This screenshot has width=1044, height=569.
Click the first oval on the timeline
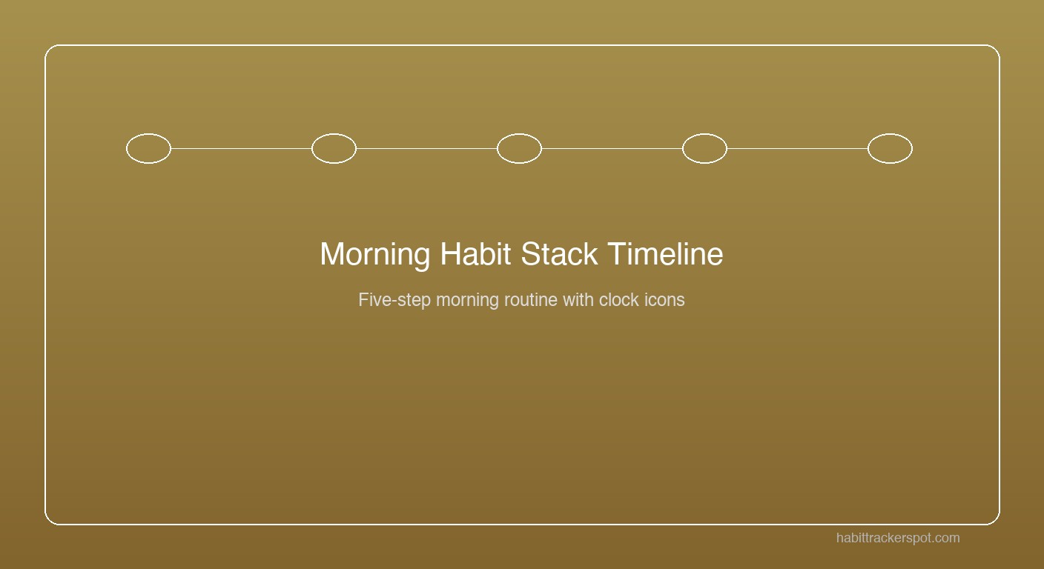click(x=148, y=148)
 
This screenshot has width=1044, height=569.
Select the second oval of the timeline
click(x=334, y=148)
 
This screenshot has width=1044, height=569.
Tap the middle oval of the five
click(x=519, y=148)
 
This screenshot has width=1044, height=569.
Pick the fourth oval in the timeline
click(x=704, y=148)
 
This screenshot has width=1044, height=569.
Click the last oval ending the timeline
click(x=890, y=148)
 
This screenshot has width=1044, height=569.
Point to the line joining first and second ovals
click(x=241, y=148)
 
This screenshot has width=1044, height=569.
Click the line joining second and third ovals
click(x=426, y=148)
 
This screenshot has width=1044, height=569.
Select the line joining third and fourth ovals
click(x=612, y=148)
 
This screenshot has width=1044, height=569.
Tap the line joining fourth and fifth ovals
click(x=797, y=148)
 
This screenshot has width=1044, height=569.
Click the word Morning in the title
click(x=374, y=255)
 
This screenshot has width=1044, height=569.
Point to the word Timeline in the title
click(x=665, y=254)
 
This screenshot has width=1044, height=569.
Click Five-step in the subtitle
click(x=394, y=300)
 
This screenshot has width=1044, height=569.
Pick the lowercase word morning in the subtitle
click(x=467, y=300)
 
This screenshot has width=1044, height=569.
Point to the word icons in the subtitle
click(x=665, y=300)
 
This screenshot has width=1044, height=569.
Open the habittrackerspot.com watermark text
click(x=898, y=538)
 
